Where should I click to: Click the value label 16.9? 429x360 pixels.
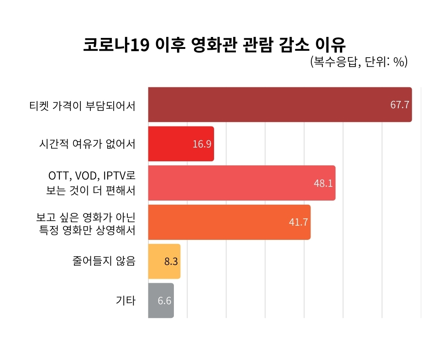(x=202, y=144)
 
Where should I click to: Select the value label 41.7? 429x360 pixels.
(x=298, y=222)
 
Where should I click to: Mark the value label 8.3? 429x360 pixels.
(x=171, y=262)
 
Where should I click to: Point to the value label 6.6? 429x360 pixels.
(x=164, y=301)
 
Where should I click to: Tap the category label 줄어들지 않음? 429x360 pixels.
(x=104, y=261)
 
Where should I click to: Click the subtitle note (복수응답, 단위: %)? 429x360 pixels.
(x=358, y=62)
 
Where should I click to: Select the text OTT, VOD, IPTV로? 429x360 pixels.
(x=92, y=176)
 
